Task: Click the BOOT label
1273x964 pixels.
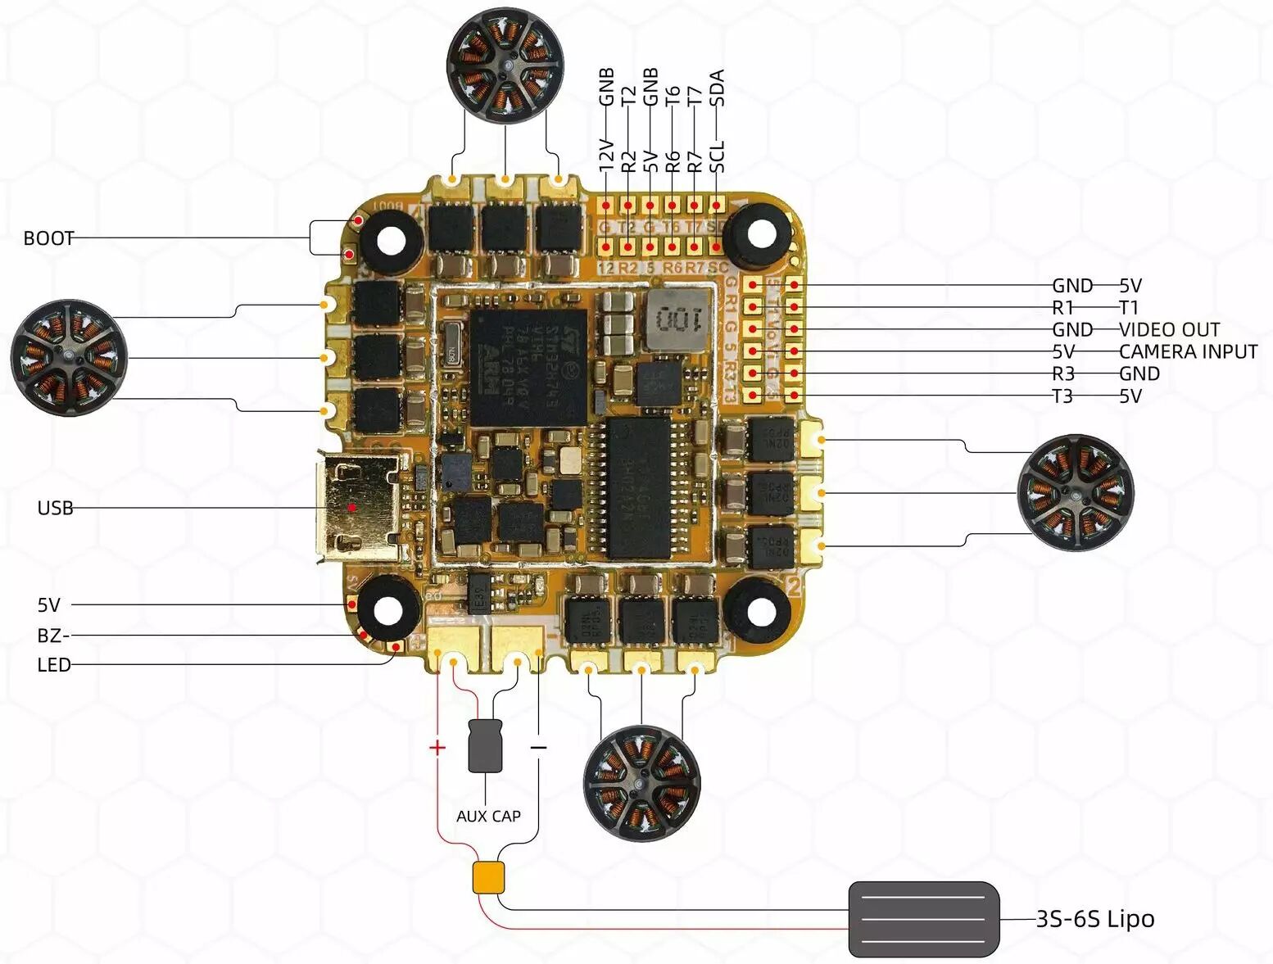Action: pyautogui.click(x=48, y=238)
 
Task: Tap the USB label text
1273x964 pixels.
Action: pyautogui.click(x=55, y=508)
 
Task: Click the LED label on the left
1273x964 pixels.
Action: pyautogui.click(x=53, y=665)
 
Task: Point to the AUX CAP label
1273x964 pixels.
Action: pyautogui.click(x=488, y=816)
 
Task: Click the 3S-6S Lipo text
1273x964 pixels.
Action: pyautogui.click(x=1095, y=919)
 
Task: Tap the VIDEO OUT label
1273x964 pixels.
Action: pyautogui.click(x=1169, y=329)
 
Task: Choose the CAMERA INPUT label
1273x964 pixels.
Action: pyautogui.click(x=1188, y=351)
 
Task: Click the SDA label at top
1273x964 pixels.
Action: pyautogui.click(x=717, y=88)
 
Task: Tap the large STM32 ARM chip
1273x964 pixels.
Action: pyautogui.click(x=528, y=367)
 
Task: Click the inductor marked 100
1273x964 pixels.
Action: pyautogui.click(x=679, y=316)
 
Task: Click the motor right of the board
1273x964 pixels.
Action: pyautogui.click(x=1075, y=492)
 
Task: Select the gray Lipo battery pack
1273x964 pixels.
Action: pyautogui.click(x=924, y=919)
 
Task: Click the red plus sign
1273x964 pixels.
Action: pyautogui.click(x=437, y=747)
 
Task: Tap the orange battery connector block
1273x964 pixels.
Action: pyautogui.click(x=488, y=877)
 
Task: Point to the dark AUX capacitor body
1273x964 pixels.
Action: pyautogui.click(x=485, y=745)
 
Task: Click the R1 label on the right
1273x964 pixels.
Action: pyautogui.click(x=1062, y=307)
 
